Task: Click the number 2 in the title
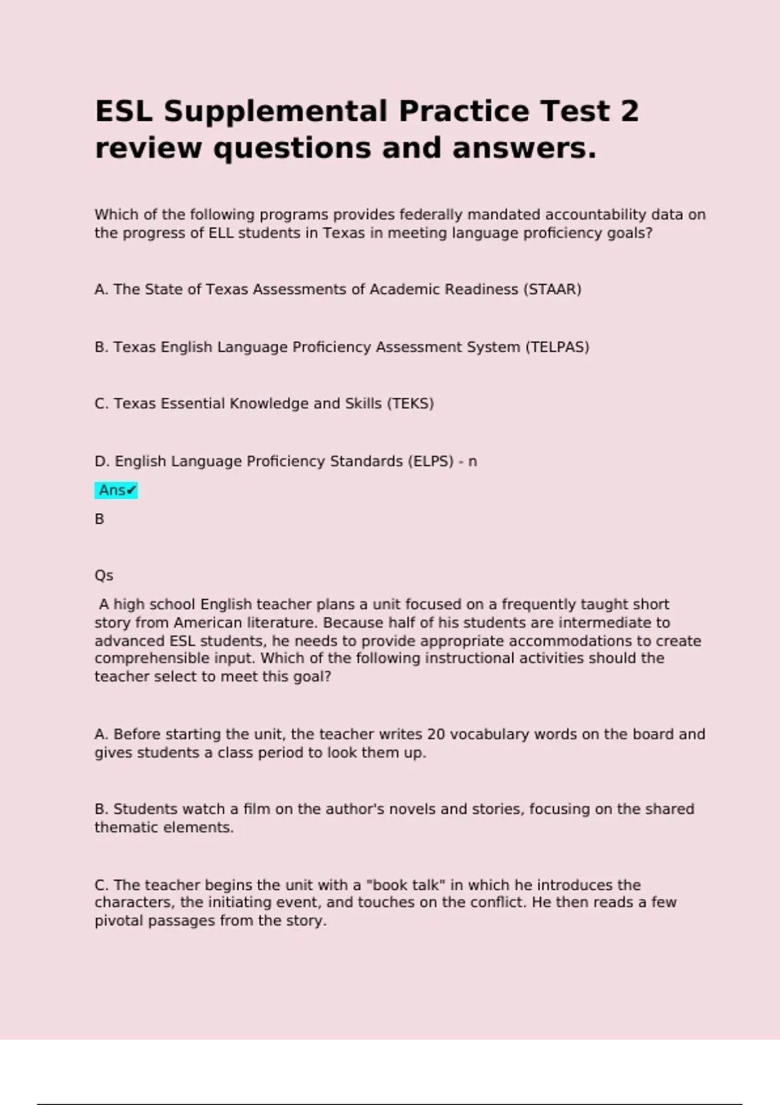coord(629,111)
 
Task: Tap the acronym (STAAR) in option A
coord(552,289)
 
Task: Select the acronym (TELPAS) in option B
coord(557,347)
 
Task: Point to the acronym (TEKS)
coord(410,404)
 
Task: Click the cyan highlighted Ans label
coord(116,490)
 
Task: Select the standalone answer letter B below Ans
coord(99,519)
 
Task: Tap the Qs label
coord(104,576)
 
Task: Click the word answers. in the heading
coord(524,148)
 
